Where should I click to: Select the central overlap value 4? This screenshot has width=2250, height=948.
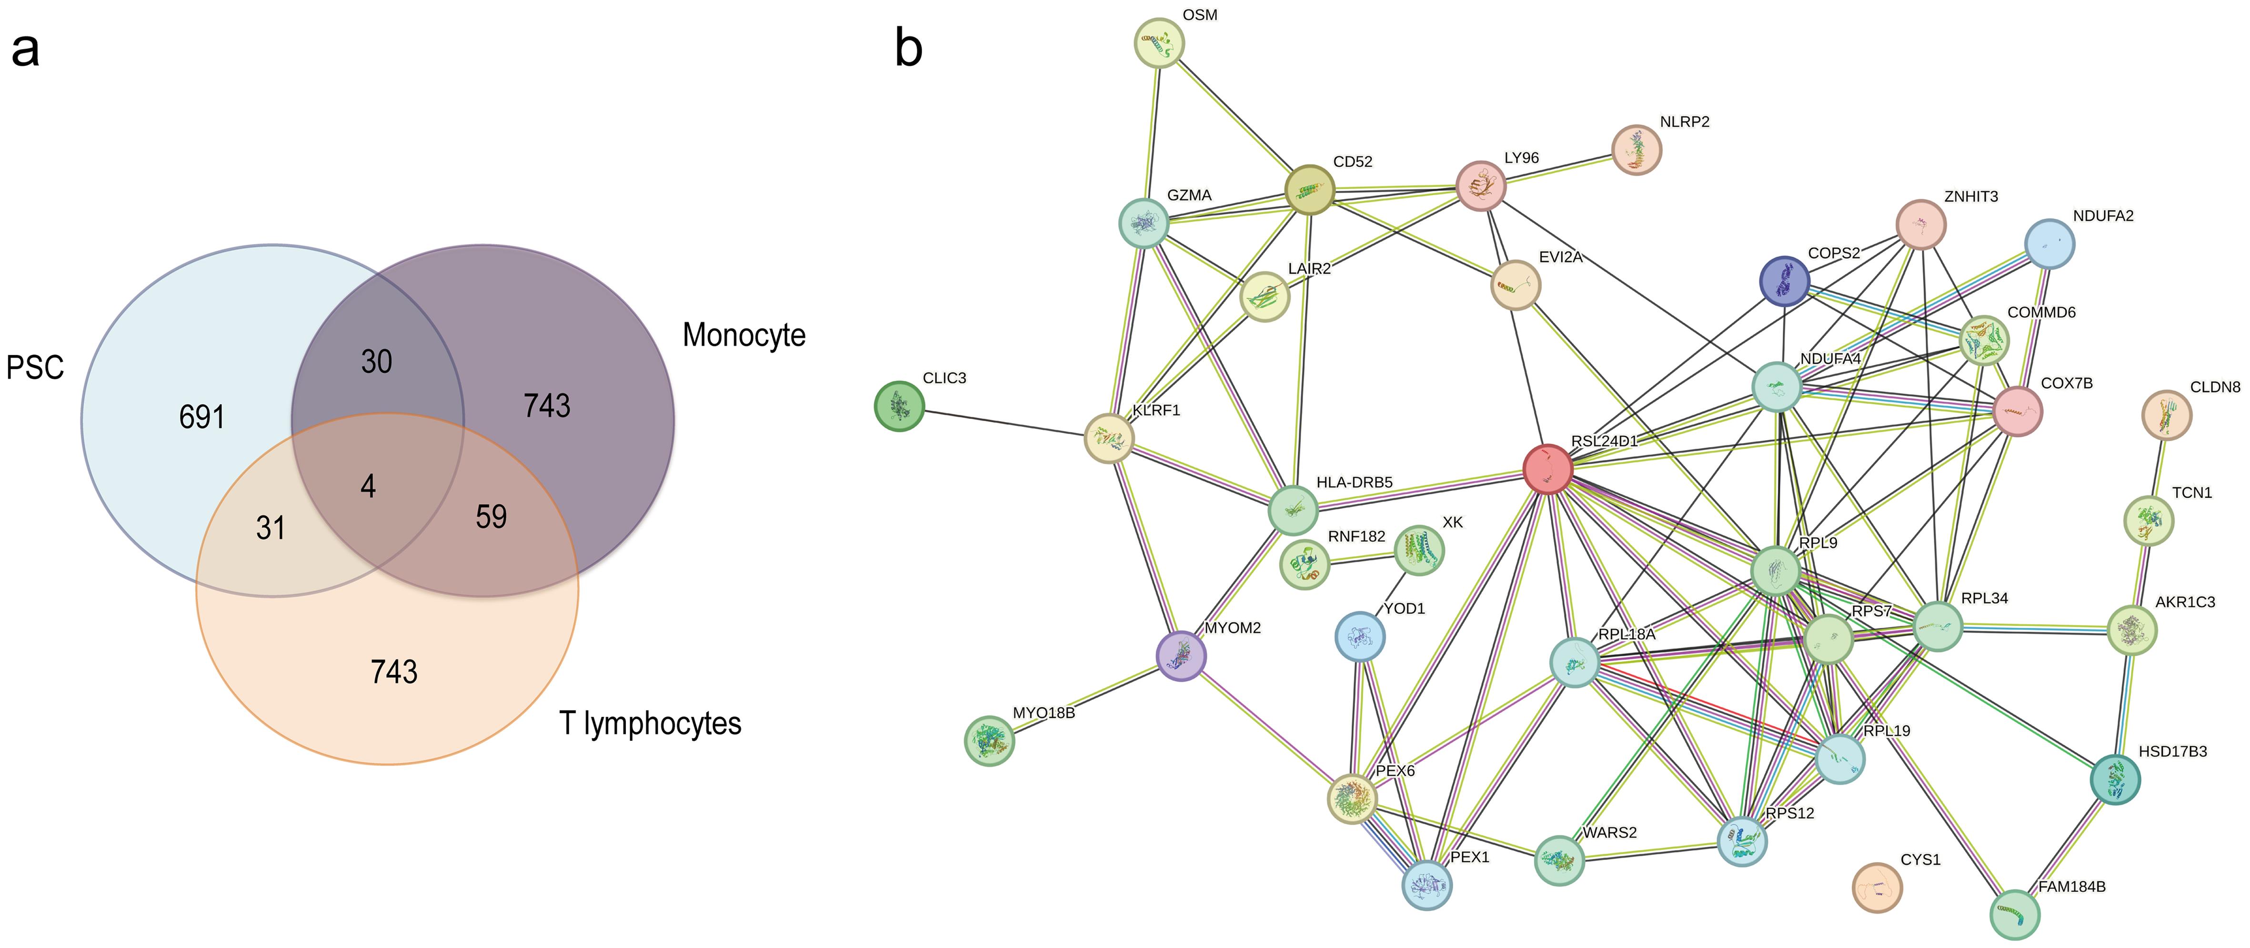click(x=368, y=486)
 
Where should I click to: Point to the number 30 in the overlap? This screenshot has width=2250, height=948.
click(x=376, y=361)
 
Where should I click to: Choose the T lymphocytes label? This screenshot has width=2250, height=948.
click(x=650, y=724)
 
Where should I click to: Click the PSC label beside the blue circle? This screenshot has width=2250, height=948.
click(x=35, y=367)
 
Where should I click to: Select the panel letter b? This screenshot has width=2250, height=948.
click(x=908, y=48)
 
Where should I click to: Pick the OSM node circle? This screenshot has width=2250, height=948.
click(x=1159, y=42)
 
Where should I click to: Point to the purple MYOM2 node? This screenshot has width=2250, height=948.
click(x=1181, y=656)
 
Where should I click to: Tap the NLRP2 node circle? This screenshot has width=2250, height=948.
click(x=1636, y=150)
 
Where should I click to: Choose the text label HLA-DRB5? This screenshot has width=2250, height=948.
click(x=1354, y=482)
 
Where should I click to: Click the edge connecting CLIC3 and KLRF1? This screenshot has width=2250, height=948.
click(x=1004, y=421)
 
